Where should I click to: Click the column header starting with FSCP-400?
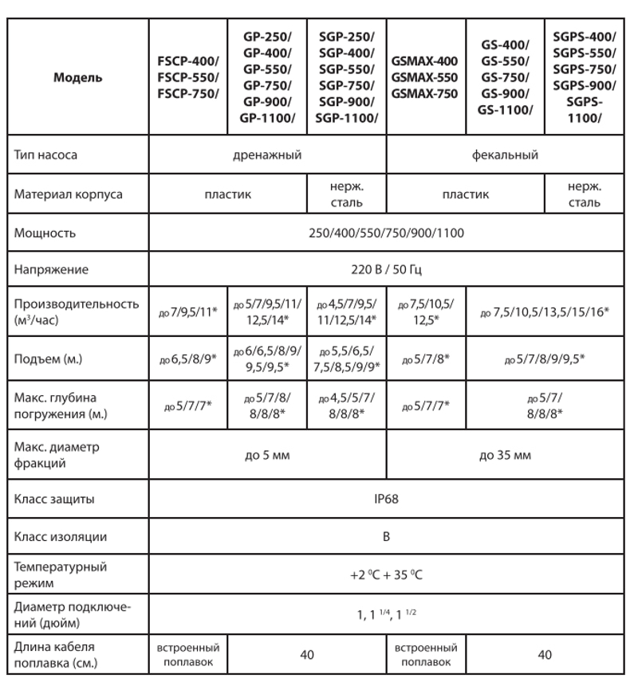[189, 78]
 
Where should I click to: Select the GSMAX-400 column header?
[425, 77]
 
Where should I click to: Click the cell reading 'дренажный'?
[267, 155]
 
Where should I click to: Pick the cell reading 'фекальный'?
[505, 155]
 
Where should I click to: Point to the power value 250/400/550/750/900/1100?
[386, 233]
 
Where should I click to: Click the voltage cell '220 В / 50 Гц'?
[386, 269]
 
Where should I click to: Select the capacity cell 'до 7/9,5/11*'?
[189, 312]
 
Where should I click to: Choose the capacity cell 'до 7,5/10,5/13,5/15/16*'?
[545, 312]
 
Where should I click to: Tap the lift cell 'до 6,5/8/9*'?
[189, 359]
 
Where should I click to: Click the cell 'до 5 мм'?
[267, 455]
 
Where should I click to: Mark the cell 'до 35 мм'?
[505, 455]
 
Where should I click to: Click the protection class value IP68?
[386, 500]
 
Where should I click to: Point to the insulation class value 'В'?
[386, 536]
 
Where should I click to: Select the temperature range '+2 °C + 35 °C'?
[386, 575]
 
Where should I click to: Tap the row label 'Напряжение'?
[51, 269]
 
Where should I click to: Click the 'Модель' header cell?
[77, 78]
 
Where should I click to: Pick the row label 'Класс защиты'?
[54, 500]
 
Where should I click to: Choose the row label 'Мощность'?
[45, 233]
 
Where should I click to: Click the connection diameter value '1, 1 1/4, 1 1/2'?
[386, 615]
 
